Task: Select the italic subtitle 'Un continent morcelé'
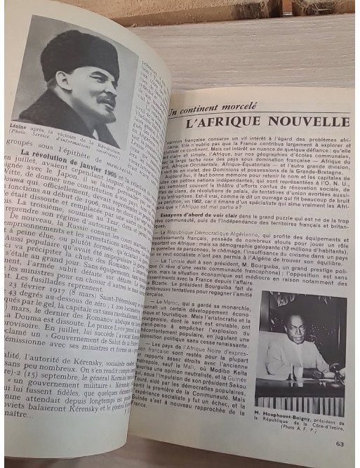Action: [x=212, y=108]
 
